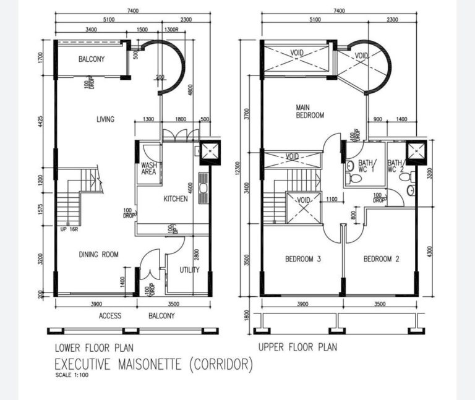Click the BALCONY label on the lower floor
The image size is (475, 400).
pos(92,60)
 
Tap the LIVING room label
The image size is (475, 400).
pos(105,119)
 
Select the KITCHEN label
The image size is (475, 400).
pos(175,199)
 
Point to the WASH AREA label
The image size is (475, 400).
pos(148,169)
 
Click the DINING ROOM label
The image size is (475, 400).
pos(98,255)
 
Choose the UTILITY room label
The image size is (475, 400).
pos(189,270)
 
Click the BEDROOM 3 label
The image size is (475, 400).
pos(302,259)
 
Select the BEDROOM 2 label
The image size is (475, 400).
pos(381,259)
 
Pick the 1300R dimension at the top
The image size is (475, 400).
pos(172,30)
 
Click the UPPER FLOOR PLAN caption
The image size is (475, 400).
pos(297,347)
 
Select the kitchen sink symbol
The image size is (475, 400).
pos(202,183)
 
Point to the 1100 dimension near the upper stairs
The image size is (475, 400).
pos(332,200)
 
